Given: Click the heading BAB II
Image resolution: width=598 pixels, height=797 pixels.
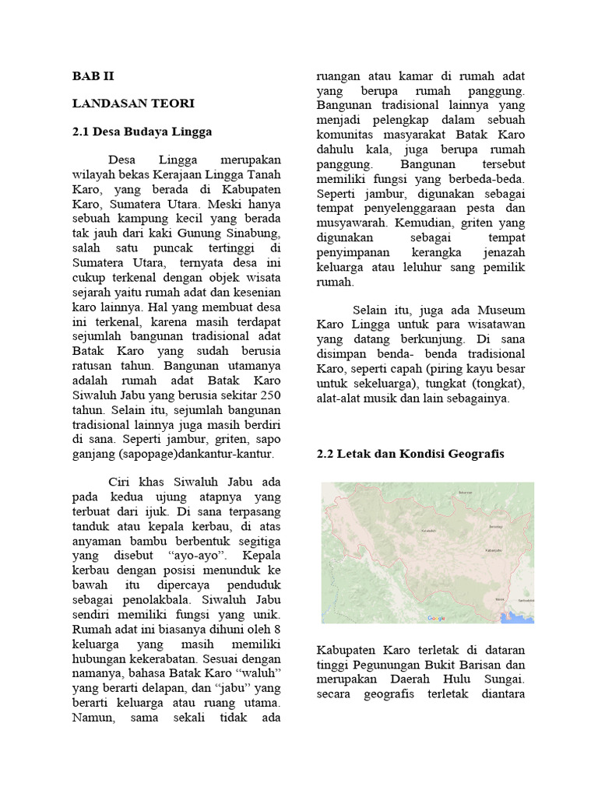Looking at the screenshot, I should tap(93, 76).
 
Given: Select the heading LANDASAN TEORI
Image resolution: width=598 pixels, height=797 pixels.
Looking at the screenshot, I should tap(133, 103).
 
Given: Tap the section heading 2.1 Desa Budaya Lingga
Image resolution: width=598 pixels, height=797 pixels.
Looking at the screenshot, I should tap(142, 132).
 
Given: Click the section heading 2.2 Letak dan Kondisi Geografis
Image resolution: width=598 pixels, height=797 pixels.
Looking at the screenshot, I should tap(410, 453).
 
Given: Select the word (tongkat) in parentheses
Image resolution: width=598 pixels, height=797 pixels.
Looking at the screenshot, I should tap(498, 383).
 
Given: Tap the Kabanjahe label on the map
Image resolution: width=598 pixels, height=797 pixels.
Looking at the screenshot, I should tap(493, 549).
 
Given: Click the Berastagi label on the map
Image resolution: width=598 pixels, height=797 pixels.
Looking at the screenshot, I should tap(494, 526).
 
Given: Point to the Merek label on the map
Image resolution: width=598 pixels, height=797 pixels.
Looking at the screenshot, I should tap(500, 599).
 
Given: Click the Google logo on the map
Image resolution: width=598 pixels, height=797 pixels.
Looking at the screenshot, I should tap(437, 618).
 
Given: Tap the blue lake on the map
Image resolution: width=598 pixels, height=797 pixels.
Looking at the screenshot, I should tap(514, 615).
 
